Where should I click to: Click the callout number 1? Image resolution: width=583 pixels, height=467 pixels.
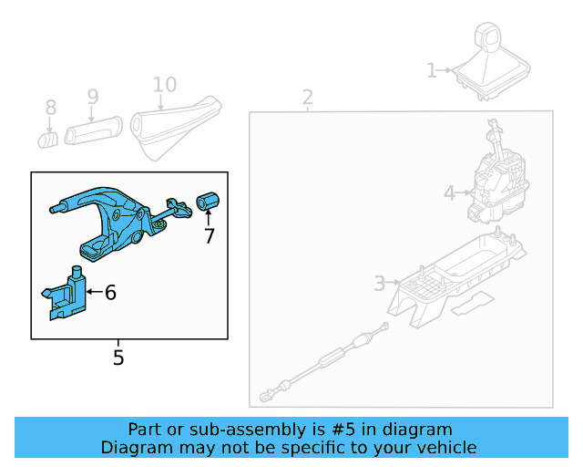point(432,70)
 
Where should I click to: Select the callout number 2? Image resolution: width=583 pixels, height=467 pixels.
point(308,97)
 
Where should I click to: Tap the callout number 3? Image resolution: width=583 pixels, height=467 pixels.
point(379,284)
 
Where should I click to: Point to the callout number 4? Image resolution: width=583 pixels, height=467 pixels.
point(449,192)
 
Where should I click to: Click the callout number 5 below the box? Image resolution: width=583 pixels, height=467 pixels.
point(118,358)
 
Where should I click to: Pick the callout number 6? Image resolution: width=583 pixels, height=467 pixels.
point(110,293)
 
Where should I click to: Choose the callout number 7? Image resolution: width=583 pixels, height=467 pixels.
point(209,236)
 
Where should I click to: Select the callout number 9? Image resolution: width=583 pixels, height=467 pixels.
point(92,96)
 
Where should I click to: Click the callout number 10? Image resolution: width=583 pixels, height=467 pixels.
point(164,85)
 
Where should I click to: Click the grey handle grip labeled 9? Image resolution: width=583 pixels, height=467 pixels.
point(92,127)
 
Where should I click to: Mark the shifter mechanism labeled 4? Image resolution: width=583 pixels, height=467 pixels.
point(496,182)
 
